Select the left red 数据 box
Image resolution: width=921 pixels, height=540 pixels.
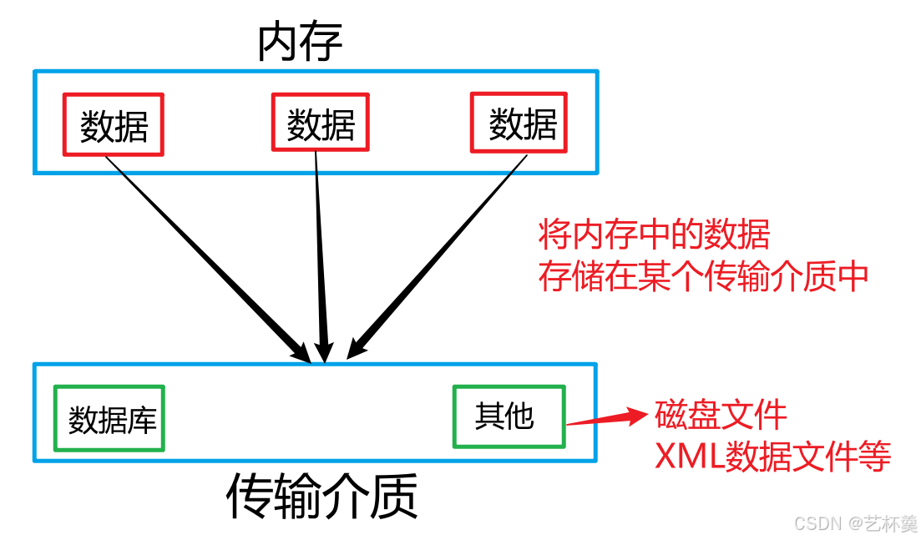(114, 124)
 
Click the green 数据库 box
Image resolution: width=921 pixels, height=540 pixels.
(109, 418)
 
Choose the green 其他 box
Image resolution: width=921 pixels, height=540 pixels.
(509, 416)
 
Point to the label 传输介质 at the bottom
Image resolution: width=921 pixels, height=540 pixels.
(322, 498)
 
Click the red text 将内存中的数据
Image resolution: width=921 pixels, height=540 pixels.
(654, 235)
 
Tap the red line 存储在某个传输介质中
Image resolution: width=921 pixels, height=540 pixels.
(704, 276)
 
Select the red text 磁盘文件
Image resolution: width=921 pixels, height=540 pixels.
(721, 414)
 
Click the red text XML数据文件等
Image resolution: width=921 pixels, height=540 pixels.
(773, 457)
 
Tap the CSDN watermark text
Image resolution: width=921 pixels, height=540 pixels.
(856, 523)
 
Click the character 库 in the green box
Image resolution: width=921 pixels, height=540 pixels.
(142, 419)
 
